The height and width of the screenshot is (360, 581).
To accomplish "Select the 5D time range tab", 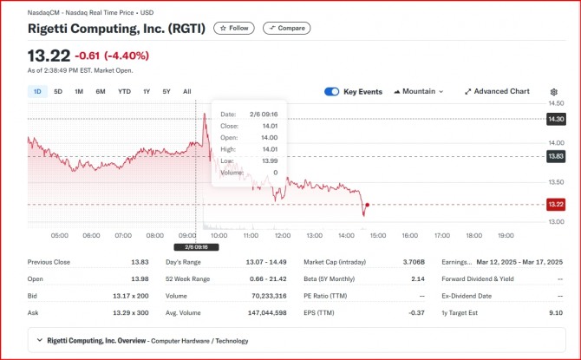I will pos(58,91).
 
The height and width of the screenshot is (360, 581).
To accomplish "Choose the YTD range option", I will pos(124,91).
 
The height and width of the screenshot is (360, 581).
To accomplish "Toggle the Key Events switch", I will pos(331,91).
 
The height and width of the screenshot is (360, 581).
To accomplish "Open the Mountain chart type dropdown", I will pos(419,91).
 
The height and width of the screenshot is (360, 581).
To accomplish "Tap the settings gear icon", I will pos(554,91).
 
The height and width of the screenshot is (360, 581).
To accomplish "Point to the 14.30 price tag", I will pos(556,119).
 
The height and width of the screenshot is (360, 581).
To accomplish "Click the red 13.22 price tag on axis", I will pos(556,205).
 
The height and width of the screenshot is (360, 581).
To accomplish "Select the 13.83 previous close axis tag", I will pos(556,156).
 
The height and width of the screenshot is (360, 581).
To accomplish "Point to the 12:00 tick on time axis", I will pos(282,235).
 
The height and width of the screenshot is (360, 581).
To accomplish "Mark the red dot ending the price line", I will pos(368,206).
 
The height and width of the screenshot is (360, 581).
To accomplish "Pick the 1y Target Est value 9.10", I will pos(555,311).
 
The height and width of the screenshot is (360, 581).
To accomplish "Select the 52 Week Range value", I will pos(270,278).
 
